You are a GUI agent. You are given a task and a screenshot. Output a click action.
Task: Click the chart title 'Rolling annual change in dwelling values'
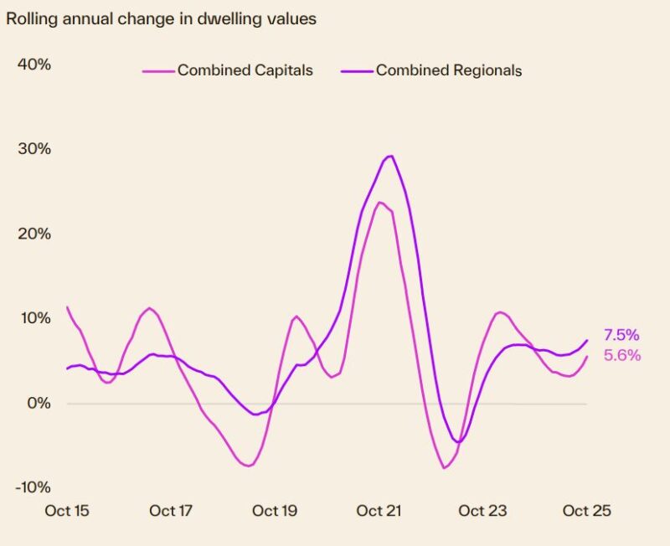161,18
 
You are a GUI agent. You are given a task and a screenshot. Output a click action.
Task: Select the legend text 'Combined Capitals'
245,70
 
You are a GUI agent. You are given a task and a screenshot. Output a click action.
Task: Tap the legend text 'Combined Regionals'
448,70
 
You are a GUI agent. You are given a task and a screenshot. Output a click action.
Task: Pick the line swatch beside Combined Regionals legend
355,71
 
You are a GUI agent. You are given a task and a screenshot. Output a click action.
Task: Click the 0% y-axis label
39,403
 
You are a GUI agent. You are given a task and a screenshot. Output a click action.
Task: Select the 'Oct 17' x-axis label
172,511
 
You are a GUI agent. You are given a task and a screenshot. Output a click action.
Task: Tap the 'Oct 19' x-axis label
276,511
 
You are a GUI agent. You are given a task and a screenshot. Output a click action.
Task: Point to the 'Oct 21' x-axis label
380,511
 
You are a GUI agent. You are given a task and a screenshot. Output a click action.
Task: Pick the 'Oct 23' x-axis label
483,511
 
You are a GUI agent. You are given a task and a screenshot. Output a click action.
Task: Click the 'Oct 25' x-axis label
587,511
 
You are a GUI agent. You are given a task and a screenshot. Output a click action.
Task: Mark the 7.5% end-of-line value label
621,336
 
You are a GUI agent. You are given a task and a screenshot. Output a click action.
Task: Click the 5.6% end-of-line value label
621,356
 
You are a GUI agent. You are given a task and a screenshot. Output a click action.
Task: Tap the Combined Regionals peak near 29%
389,156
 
